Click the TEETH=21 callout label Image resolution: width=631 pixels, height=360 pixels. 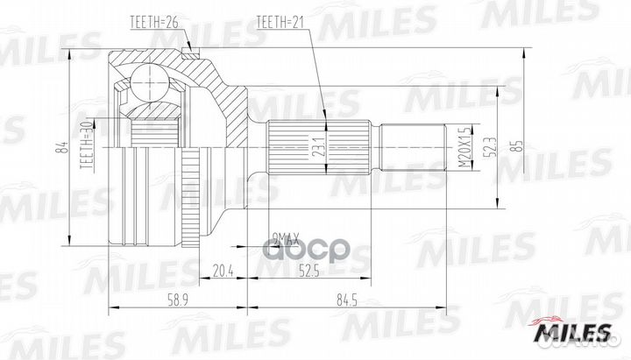click(x=282, y=19)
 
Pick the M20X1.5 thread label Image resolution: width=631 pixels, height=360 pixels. click(x=461, y=145)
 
